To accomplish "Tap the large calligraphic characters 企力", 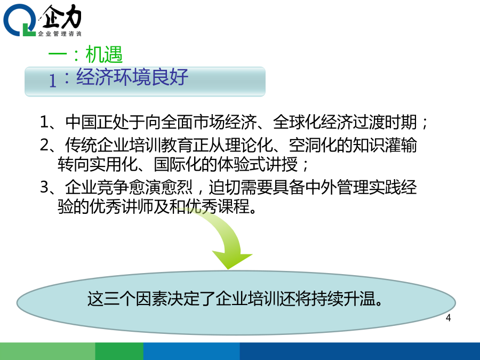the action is click(x=61, y=17).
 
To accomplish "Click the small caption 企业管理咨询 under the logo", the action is click(x=60, y=34).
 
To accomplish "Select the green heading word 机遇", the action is click(x=104, y=54).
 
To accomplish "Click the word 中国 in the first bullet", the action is click(x=81, y=122).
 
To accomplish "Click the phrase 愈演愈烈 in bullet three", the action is click(x=161, y=187).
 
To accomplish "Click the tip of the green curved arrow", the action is click(x=228, y=269).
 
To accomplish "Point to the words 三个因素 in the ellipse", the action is click(x=135, y=299).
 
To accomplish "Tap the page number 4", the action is click(x=448, y=318).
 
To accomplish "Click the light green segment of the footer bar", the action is click(x=47, y=351).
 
